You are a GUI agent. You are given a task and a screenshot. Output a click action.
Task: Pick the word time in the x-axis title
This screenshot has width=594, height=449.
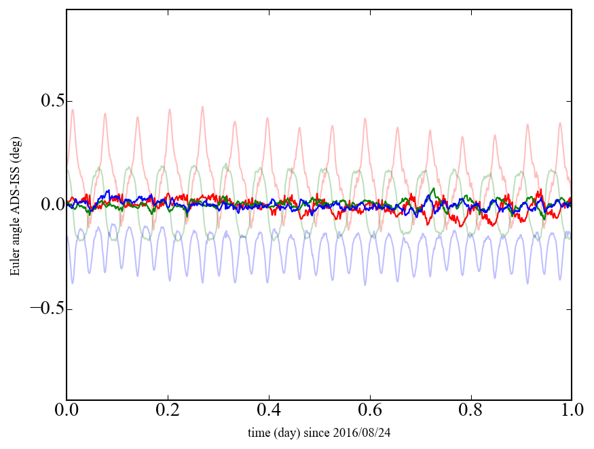259,432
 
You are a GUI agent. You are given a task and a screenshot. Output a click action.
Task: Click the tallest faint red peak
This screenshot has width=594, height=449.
202,106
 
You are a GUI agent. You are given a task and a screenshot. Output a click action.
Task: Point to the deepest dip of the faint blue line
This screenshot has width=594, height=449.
365,285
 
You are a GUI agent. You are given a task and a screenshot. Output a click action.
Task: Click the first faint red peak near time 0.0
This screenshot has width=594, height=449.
73,110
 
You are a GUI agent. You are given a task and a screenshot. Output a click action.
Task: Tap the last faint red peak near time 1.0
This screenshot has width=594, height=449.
560,123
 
